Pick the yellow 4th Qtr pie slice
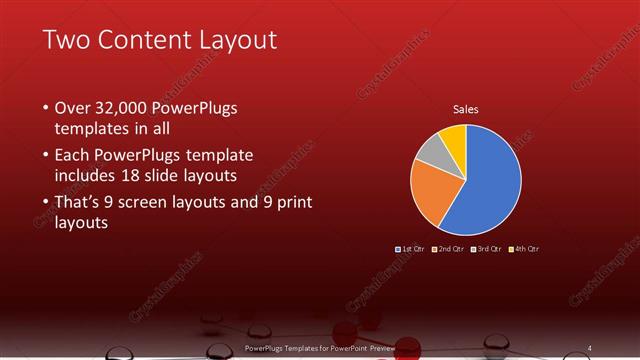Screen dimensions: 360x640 452,137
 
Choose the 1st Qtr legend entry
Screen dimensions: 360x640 411,248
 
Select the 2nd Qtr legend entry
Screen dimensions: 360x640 448,248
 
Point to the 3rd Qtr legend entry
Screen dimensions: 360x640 485,248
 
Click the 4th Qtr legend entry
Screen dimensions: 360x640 523,248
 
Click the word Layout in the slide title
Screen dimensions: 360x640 237,40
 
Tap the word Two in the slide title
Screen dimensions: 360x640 66,40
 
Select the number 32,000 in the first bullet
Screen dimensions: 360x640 127,107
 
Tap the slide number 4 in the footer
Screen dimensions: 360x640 589,348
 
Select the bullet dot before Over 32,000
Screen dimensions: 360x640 46,107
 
